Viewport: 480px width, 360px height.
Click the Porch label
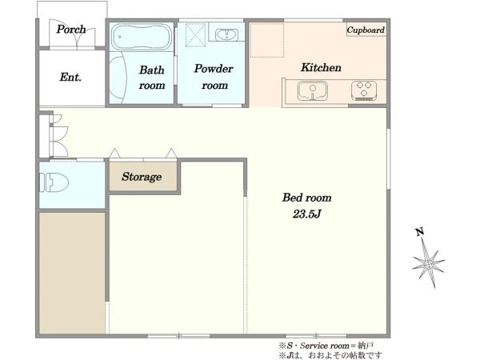click(x=71, y=30)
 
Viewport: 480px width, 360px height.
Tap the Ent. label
click(x=70, y=77)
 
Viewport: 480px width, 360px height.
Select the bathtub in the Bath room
click(x=142, y=37)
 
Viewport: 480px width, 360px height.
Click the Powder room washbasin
click(x=227, y=34)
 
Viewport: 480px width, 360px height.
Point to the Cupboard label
click(x=366, y=30)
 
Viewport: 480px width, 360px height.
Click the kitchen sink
click(x=313, y=91)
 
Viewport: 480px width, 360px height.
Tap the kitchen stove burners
click(x=364, y=90)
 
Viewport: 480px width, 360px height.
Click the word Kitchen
click(x=321, y=67)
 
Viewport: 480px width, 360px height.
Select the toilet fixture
click(x=54, y=182)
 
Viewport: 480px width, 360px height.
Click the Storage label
click(x=142, y=177)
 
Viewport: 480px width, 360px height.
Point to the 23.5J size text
click(x=306, y=214)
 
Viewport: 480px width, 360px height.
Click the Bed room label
click(x=306, y=198)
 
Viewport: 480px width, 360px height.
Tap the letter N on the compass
click(x=420, y=232)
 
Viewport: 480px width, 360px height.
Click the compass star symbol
click(x=428, y=262)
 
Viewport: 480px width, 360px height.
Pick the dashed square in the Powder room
click(x=196, y=35)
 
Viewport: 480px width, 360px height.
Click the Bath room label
click(x=152, y=78)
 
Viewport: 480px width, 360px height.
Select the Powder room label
click(x=214, y=77)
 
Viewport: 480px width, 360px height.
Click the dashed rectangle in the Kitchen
click(x=267, y=40)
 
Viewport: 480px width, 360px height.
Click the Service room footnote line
click(x=326, y=346)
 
